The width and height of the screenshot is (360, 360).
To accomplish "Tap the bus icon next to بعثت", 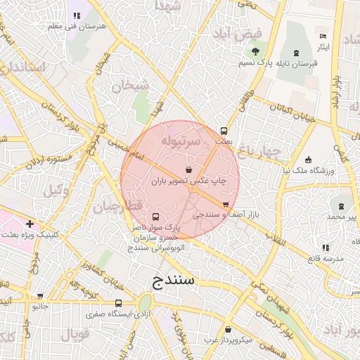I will point(224,131).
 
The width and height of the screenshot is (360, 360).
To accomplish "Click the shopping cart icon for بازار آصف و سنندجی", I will point(226,204).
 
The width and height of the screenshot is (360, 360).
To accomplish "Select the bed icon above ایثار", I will point(323,36).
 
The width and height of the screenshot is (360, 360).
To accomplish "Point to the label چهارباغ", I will point(259,150).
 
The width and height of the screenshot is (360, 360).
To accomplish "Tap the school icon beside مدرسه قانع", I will point(325,247).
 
